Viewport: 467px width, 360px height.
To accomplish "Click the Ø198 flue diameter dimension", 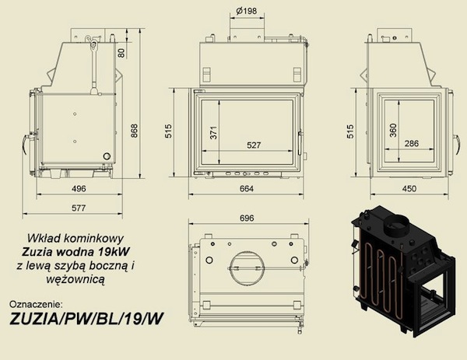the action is click(246, 12).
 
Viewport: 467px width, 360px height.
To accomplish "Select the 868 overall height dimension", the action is click(135, 131).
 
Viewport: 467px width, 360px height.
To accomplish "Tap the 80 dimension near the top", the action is click(121, 53).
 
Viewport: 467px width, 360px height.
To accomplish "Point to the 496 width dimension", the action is click(79, 189).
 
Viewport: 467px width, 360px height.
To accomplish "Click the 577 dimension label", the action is click(79, 208).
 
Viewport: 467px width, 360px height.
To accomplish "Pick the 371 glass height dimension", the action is click(213, 133).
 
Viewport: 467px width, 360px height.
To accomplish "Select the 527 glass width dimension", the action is click(254, 145).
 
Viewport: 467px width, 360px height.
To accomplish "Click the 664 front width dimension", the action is click(247, 189).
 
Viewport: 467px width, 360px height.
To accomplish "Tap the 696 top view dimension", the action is click(247, 218).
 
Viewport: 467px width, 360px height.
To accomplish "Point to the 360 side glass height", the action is click(393, 131).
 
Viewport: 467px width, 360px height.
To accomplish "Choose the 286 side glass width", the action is click(412, 143).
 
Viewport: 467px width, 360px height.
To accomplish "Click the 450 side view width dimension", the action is click(409, 189).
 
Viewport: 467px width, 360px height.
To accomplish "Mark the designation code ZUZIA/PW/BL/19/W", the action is click(86, 320).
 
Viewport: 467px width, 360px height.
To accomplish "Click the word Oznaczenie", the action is click(36, 304).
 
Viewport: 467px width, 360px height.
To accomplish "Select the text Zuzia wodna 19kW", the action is click(76, 252).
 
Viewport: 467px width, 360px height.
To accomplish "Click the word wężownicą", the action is click(75, 280).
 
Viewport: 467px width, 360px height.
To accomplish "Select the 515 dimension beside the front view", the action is click(168, 131).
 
